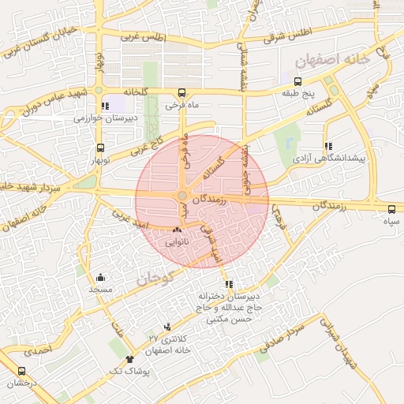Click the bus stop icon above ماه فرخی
pyautogui.click(x=182, y=92)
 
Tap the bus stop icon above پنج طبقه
pyautogui.click(x=297, y=81)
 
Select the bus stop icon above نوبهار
pyautogui.click(x=100, y=148)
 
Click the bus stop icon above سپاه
pyautogui.click(x=392, y=209)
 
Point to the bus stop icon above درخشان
pyautogui.click(x=21, y=372)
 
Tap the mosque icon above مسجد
pyautogui.click(x=101, y=278)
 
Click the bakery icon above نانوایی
pyautogui.click(x=176, y=230)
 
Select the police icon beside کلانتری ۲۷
pyautogui.click(x=166, y=327)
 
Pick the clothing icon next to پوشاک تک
pyautogui.click(x=129, y=359)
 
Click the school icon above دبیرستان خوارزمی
pyautogui.click(x=105, y=106)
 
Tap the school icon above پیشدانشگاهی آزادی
pyautogui.click(x=328, y=146)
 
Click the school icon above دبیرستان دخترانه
pyautogui.click(x=229, y=284)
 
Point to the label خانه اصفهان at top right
pyautogui.click(x=327, y=60)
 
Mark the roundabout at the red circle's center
pyautogui.click(x=182, y=196)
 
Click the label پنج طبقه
pyautogui.click(x=298, y=94)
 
